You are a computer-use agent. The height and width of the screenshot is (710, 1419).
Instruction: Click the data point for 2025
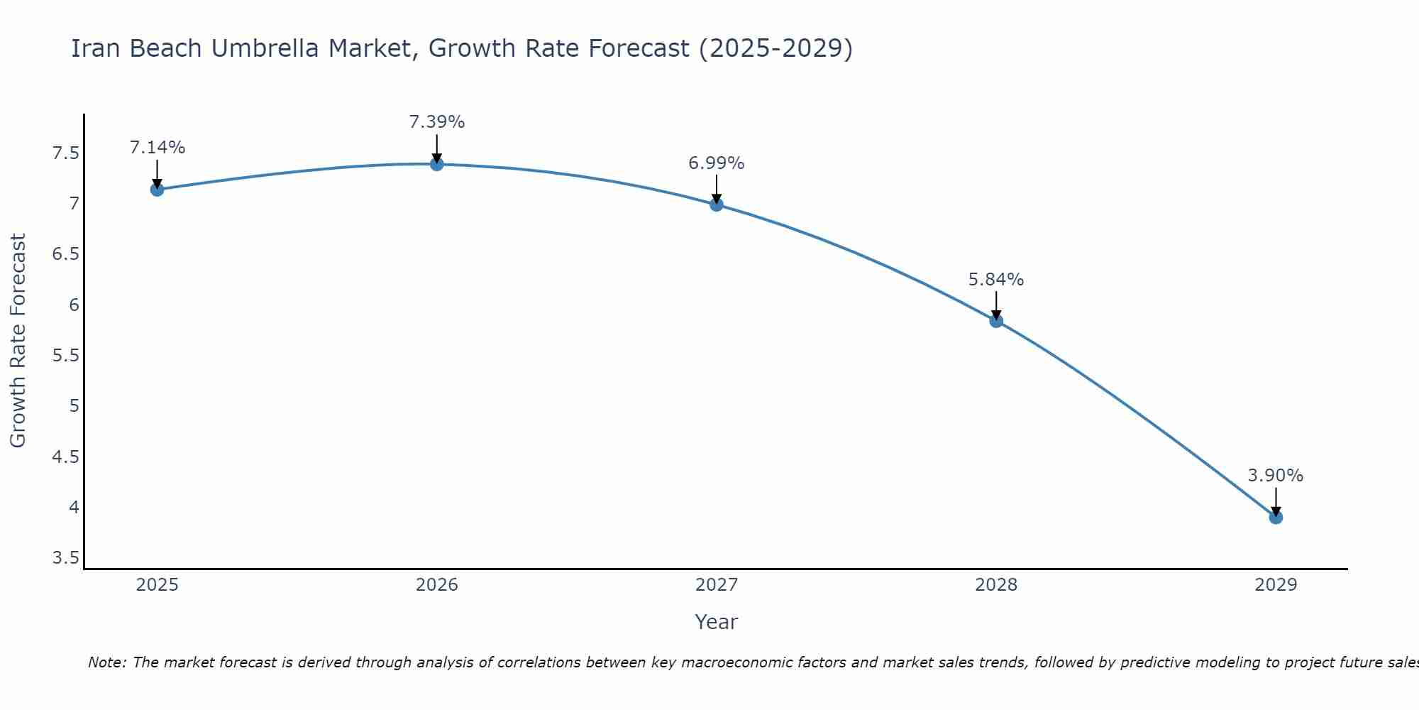click(x=158, y=190)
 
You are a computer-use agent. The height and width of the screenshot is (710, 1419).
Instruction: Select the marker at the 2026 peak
click(x=437, y=164)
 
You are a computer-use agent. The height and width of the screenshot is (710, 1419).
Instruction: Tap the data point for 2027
click(x=717, y=204)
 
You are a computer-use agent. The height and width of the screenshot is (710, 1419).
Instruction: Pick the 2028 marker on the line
click(x=996, y=321)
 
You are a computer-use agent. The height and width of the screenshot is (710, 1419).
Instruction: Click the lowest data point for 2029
click(x=1276, y=518)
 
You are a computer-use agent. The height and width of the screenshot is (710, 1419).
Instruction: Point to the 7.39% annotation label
click(x=437, y=122)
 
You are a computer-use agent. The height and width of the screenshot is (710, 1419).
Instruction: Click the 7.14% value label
click(x=158, y=148)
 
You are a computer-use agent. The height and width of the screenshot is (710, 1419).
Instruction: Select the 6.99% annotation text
click(x=717, y=163)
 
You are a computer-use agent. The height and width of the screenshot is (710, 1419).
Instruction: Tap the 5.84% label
click(x=996, y=280)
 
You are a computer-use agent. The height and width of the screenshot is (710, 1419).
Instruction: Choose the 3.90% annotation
click(x=1276, y=476)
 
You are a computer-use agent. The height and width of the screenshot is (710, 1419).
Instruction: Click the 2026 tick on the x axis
click(x=437, y=585)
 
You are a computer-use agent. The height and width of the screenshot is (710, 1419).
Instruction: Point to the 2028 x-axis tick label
click(x=996, y=585)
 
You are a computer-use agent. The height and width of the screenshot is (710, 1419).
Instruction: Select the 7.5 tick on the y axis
click(x=66, y=153)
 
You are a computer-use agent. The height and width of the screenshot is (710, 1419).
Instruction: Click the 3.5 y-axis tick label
click(x=66, y=558)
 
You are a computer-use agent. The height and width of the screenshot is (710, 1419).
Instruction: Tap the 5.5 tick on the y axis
click(x=66, y=356)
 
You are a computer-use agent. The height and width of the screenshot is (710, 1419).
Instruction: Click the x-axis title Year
click(x=717, y=622)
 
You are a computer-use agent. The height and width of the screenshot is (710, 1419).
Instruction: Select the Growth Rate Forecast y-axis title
click(x=18, y=341)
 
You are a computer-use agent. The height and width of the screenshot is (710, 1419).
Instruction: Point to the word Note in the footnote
click(x=106, y=662)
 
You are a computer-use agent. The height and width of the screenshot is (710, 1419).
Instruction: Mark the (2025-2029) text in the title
click(x=775, y=48)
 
